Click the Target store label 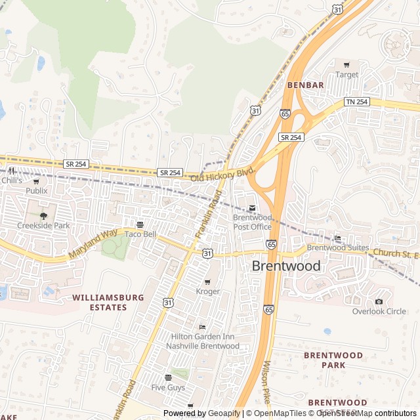tap(346, 75)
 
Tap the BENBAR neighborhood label tap(305, 85)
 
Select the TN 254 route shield tap(358, 102)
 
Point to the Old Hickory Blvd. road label tap(222, 174)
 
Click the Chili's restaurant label tap(11, 180)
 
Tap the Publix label tap(37, 190)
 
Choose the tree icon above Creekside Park tap(43, 216)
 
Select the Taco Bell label tap(140, 234)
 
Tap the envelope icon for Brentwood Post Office tap(252, 208)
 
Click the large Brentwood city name tap(287, 266)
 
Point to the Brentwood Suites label tap(338, 247)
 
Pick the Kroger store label tap(207, 291)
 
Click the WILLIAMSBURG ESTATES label tap(108, 302)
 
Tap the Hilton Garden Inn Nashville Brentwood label tap(202, 341)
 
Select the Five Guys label tap(168, 387)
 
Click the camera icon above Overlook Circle tap(379, 301)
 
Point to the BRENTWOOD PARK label tap(333, 360)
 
